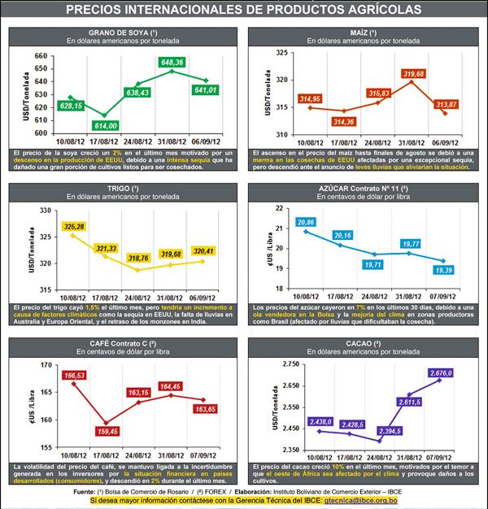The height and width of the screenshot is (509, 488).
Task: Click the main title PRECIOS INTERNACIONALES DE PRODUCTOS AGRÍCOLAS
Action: [x=243, y=10]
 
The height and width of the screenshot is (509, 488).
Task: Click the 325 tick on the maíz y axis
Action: [x=285, y=53]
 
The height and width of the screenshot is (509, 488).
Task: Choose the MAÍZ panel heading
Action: [x=365, y=32]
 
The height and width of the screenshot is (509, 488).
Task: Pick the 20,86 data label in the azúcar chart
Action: [x=306, y=222]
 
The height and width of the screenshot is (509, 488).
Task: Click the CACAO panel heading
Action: [x=365, y=345]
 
